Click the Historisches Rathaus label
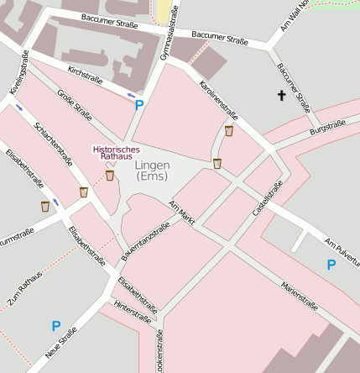click(112, 153)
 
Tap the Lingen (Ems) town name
click(153, 171)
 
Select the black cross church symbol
click(281, 96)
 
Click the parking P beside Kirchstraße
click(139, 106)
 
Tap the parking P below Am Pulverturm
click(331, 265)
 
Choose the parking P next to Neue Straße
click(56, 326)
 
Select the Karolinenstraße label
click(218, 99)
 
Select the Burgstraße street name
click(327, 128)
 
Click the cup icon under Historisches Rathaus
click(110, 175)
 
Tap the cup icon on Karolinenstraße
click(229, 130)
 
